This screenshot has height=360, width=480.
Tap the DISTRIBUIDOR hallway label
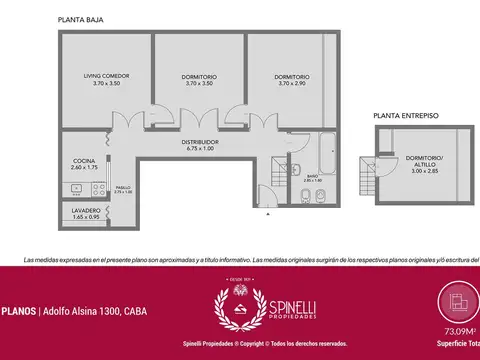pos(200,145)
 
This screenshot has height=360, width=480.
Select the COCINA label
pos(84,164)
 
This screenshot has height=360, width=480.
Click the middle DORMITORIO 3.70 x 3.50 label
pos(199,79)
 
